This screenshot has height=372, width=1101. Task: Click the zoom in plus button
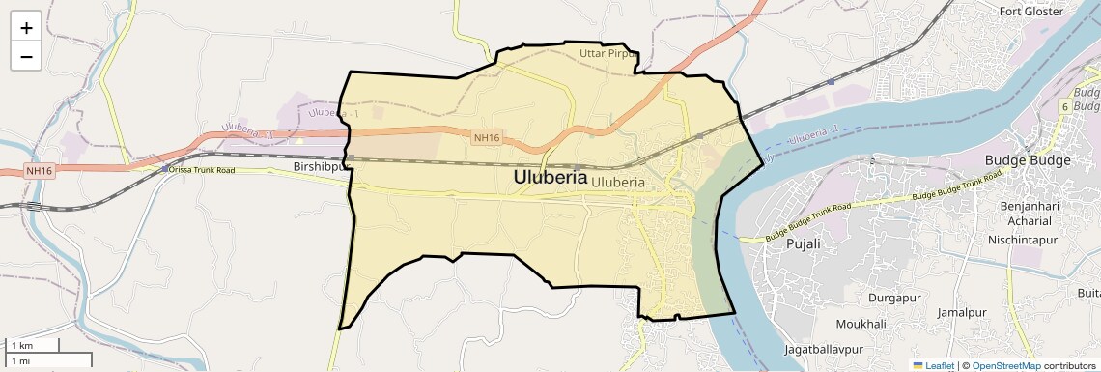pyautogui.click(x=26, y=28)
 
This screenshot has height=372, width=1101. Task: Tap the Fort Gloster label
pyautogui.click(x=1031, y=12)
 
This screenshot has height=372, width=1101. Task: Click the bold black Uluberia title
pyautogui.click(x=550, y=178)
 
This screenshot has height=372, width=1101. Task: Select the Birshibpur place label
pyautogui.click(x=318, y=167)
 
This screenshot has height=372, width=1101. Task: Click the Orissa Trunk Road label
pyautogui.click(x=202, y=170)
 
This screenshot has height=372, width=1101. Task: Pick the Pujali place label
pyautogui.click(x=804, y=243)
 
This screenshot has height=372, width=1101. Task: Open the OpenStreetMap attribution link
pyautogui.click(x=1005, y=365)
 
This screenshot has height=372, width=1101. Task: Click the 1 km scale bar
pyautogui.click(x=34, y=345)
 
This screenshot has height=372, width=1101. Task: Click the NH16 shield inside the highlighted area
pyautogui.click(x=487, y=138)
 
